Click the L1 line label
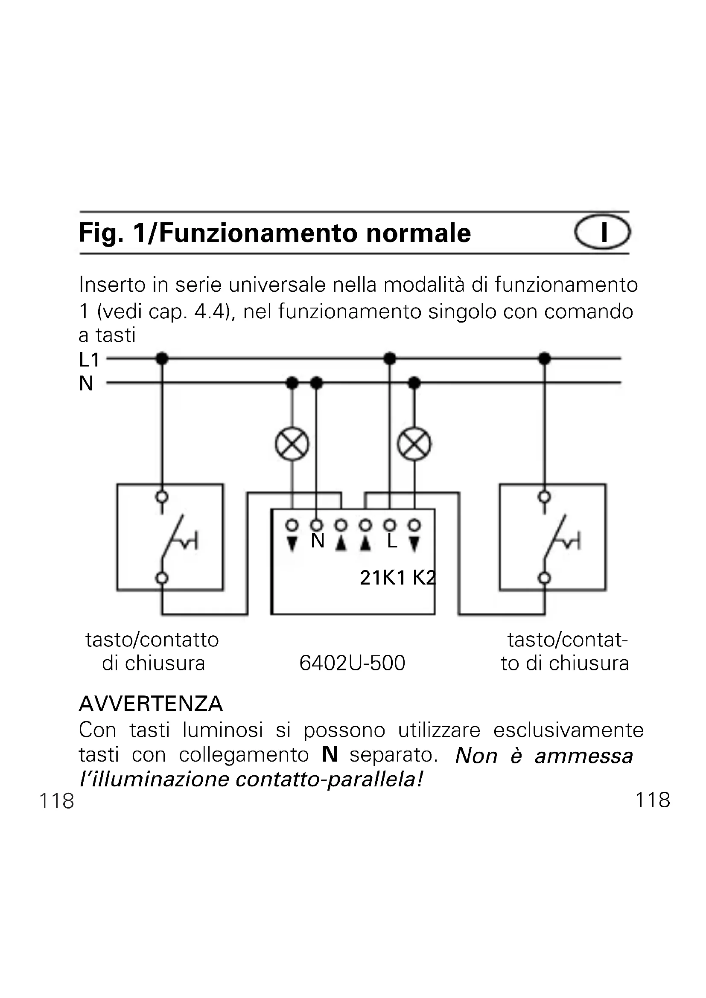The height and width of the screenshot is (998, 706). (x=89, y=360)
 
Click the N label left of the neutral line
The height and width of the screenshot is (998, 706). (x=86, y=384)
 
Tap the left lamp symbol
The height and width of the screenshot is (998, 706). (x=292, y=445)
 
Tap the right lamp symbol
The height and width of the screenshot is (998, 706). (x=414, y=445)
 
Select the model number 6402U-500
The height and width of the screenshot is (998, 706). (x=352, y=663)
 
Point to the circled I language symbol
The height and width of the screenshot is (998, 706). (x=603, y=232)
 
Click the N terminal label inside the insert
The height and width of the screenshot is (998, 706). (x=318, y=541)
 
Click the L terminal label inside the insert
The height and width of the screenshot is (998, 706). (x=392, y=541)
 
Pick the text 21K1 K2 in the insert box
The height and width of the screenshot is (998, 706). (x=397, y=578)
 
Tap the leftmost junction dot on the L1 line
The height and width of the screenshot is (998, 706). (x=162, y=358)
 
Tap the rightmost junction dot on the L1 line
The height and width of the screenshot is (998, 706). (x=544, y=358)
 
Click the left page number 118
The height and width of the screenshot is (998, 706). (x=57, y=800)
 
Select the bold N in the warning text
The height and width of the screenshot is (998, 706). (x=330, y=755)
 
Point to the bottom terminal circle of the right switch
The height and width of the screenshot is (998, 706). (x=544, y=578)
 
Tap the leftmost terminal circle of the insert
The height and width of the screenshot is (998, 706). (x=292, y=526)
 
